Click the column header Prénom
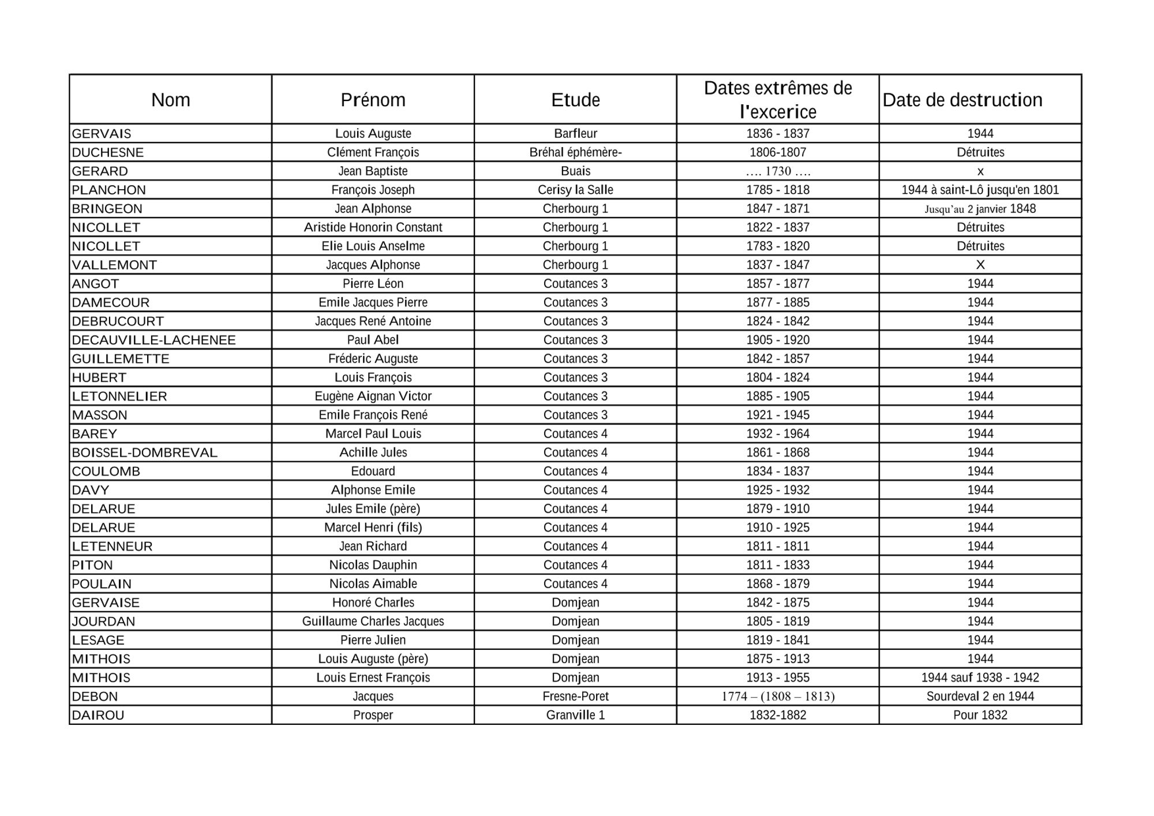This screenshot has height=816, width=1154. [x=373, y=100]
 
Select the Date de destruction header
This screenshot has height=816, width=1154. [x=962, y=100]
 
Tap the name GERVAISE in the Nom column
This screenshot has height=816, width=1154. [x=106, y=603]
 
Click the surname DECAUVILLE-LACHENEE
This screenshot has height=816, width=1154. [x=153, y=340]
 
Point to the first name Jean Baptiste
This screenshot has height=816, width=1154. [x=373, y=171]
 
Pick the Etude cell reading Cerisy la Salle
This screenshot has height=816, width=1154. [x=575, y=190]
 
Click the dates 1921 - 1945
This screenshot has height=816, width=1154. [x=778, y=415]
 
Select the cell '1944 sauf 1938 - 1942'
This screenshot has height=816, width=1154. [x=980, y=678]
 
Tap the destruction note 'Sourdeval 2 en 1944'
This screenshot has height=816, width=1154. [x=980, y=697]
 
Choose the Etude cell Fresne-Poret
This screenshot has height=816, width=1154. [x=575, y=697]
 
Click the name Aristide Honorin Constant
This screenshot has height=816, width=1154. [x=373, y=227]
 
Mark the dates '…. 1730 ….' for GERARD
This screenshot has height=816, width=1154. [x=778, y=171]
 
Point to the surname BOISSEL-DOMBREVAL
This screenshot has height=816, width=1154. [x=144, y=453]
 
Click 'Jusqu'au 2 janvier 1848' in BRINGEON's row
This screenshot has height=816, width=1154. [x=980, y=209]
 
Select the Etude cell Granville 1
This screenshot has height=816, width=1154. [x=575, y=715]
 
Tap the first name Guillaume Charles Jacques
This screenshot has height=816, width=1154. [x=373, y=621]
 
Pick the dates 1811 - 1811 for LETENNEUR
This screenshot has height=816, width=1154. [x=778, y=546]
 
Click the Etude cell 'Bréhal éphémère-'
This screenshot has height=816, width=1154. [x=575, y=152]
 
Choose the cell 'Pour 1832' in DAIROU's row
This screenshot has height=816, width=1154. [x=980, y=715]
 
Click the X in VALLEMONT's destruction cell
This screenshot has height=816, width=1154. [x=980, y=265]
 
